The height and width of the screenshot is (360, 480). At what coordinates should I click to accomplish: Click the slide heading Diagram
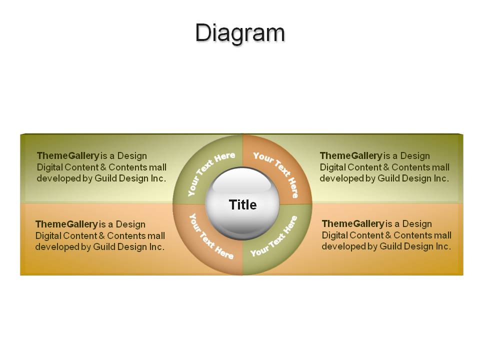240,33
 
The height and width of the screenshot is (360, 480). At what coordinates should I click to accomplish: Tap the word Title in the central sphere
243,205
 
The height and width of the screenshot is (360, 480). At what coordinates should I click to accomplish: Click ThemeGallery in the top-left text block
68,156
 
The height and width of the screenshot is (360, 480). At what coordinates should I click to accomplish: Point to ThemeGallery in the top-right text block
351,156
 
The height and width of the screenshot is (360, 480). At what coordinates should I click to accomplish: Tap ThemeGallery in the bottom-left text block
66,224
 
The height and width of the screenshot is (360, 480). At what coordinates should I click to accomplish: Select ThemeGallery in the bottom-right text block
353,224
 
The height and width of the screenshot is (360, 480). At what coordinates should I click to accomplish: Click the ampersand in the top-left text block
103,167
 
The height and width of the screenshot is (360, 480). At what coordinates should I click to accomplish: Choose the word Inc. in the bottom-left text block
156,246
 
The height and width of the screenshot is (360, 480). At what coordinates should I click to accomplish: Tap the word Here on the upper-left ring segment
224,157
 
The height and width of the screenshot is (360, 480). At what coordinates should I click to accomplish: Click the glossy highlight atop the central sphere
242,180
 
